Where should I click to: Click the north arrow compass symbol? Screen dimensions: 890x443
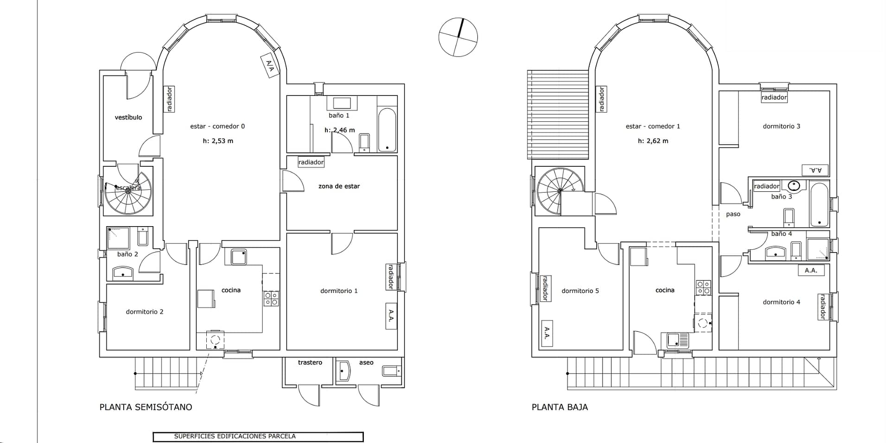coord(458,37)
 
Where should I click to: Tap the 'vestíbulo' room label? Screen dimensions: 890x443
coord(128,117)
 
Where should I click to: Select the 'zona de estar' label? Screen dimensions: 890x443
coord(339,186)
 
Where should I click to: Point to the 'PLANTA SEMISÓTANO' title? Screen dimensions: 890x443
coord(146,407)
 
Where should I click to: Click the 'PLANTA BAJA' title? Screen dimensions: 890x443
coord(559,407)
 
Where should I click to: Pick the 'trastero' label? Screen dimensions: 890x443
coord(310,362)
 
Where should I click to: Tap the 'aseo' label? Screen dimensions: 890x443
coord(366,362)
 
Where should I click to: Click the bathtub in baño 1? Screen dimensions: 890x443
coord(387,130)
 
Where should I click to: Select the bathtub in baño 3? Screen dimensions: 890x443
coord(819,205)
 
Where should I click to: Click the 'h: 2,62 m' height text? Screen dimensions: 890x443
coord(653,141)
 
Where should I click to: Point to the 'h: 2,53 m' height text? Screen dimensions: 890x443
coord(218,141)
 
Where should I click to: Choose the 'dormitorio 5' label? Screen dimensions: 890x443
coord(580,291)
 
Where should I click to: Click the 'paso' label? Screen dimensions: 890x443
coord(733,214)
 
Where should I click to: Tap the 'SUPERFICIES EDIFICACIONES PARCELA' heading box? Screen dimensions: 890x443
coord(258,437)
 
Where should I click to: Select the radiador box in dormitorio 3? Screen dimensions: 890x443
coord(774,97)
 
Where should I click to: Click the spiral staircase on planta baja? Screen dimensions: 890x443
coord(559,191)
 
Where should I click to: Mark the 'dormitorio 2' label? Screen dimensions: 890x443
coord(145,311)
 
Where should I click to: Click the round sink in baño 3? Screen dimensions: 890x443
coord(794,186)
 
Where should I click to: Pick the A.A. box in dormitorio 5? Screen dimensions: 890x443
coord(547,333)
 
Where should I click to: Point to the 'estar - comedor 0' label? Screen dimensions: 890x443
coord(217,126)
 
